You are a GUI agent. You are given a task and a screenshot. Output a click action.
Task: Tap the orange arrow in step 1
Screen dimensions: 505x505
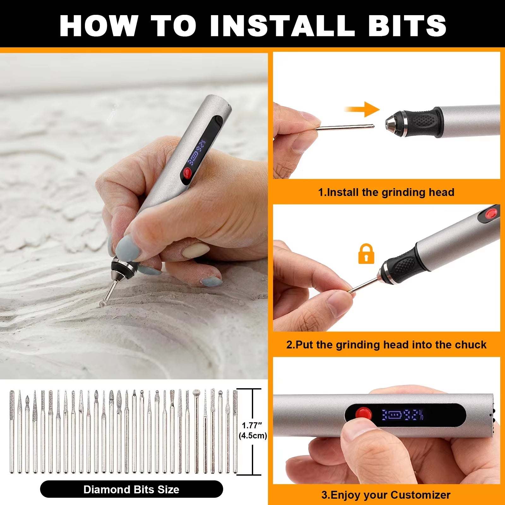(x=363, y=109)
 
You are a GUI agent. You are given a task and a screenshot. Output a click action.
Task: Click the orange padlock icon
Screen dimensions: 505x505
(x=366, y=254)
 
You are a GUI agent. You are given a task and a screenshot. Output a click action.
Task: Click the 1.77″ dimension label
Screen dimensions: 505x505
(x=252, y=425)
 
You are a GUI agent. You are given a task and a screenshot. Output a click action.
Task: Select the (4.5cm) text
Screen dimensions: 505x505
(x=252, y=436)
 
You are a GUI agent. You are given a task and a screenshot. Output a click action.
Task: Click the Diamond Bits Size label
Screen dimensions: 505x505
(x=131, y=490)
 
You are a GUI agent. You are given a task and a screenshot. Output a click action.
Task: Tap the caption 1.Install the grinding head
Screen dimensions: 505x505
(x=386, y=192)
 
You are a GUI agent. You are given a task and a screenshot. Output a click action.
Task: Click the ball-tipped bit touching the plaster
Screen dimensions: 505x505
(x=103, y=304)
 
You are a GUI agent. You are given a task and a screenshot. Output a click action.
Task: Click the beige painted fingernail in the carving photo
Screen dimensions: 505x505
(x=196, y=251)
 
